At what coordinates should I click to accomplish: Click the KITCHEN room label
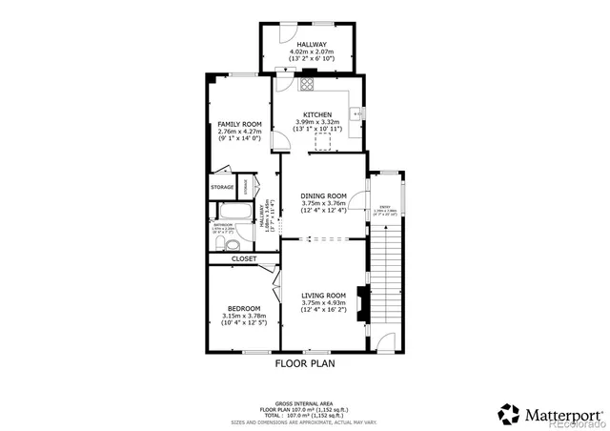click(318, 114)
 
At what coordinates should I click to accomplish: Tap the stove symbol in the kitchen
click(307, 84)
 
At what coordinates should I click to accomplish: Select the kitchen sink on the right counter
click(356, 113)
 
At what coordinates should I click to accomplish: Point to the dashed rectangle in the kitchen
click(324, 141)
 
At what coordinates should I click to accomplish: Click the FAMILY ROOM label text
click(239, 124)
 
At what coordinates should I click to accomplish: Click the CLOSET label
click(244, 258)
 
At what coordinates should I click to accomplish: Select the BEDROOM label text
click(244, 308)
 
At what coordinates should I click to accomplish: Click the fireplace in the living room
click(360, 304)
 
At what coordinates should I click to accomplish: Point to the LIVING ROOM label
click(322, 296)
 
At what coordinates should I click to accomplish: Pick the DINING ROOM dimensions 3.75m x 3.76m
click(322, 202)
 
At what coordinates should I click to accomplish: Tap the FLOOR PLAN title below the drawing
click(305, 363)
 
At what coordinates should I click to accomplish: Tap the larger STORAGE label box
click(222, 187)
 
